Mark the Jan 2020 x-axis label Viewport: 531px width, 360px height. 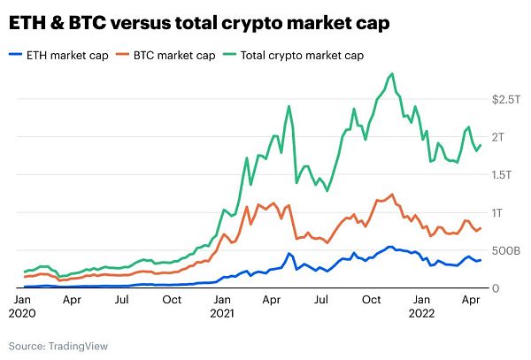[x=24, y=306]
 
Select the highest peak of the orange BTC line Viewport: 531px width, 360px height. [x=390, y=194]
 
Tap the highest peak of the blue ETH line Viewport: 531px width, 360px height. [x=390, y=247]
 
